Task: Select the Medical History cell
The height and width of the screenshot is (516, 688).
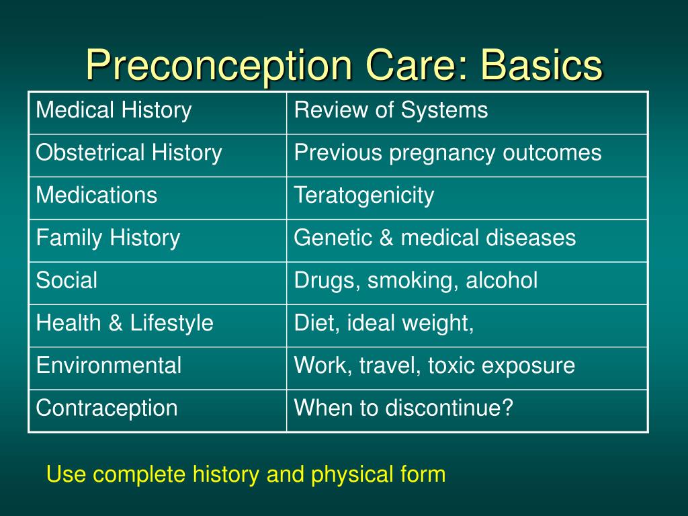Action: pyautogui.click(x=114, y=110)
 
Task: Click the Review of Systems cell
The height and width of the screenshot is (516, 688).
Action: pyautogui.click(x=391, y=110)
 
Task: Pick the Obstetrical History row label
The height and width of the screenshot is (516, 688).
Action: pyautogui.click(x=128, y=153)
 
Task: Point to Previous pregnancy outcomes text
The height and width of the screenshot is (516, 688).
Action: pyautogui.click(x=447, y=153)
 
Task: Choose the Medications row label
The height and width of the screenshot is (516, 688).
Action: pyautogui.click(x=96, y=195)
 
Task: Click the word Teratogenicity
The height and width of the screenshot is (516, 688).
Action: pyautogui.click(x=364, y=196)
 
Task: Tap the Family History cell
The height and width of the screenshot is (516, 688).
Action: pyautogui.click(x=107, y=238)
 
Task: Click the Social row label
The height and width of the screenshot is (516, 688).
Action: pyautogui.click(x=67, y=280)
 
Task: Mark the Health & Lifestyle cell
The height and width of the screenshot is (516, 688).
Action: pyautogui.click(x=124, y=323)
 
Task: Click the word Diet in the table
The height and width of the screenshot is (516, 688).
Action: pyautogui.click(x=310, y=323)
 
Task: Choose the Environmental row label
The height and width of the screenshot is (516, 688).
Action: pyautogui.click(x=108, y=365)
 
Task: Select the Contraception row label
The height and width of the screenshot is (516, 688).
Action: pyautogui.click(x=107, y=408)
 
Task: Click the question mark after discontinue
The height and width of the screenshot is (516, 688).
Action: pyautogui.click(x=507, y=408)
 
